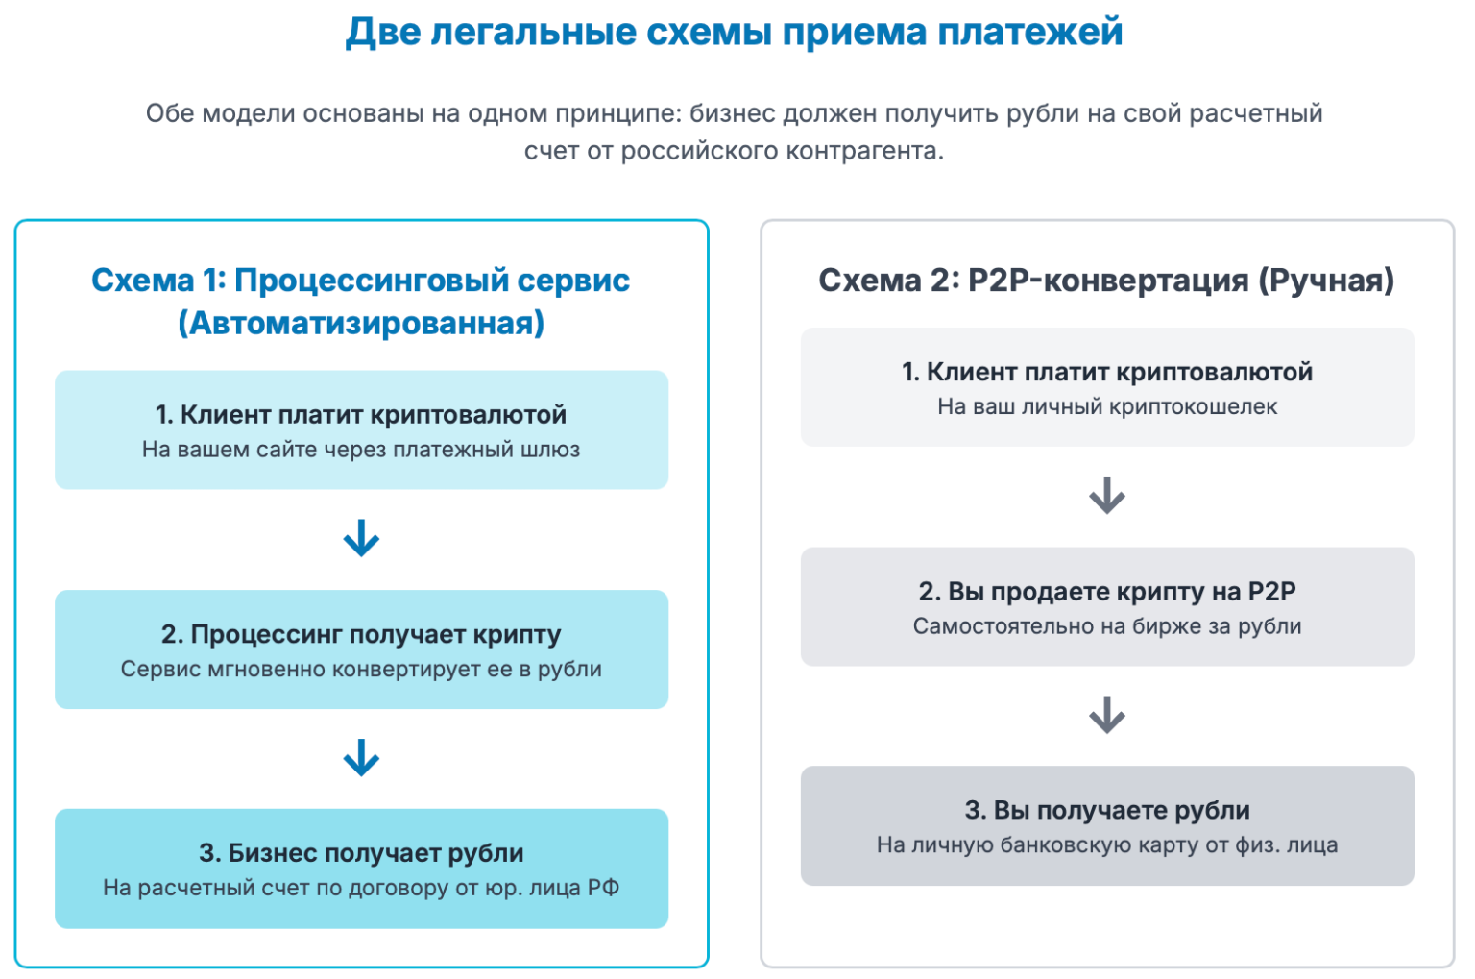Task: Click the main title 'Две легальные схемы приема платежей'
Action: [734, 32]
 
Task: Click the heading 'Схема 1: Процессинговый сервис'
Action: [360, 281]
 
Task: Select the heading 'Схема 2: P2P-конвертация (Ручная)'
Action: [1106, 281]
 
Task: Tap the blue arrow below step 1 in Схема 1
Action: [361, 539]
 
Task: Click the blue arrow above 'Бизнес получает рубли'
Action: [361, 758]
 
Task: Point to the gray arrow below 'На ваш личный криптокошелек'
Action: [1107, 496]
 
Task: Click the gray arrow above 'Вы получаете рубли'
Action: [1107, 715]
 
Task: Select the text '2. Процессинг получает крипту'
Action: [361, 634]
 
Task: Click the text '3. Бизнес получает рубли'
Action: [361, 853]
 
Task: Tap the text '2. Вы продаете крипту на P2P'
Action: [1107, 591]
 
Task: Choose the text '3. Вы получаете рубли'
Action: [1107, 810]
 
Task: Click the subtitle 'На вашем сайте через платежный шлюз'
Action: [361, 450]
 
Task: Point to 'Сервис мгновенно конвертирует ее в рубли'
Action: [361, 669]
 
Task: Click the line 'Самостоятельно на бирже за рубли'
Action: [1107, 626]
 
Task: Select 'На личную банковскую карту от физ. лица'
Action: [1107, 845]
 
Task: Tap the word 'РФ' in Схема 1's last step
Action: [603, 888]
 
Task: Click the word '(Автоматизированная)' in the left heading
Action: [361, 323]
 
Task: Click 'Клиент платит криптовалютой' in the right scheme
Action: [1119, 372]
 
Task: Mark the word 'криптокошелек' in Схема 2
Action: [1193, 406]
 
